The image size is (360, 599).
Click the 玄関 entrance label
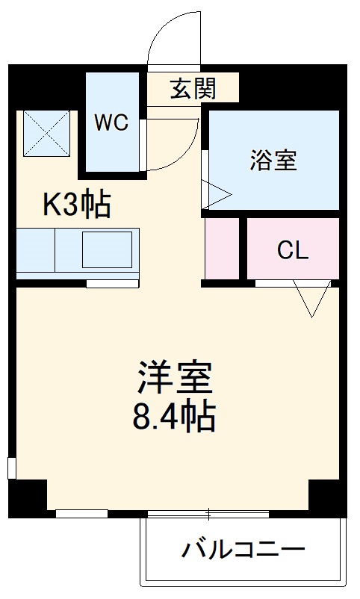[x=193, y=89]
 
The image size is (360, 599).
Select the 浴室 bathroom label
[x=273, y=160]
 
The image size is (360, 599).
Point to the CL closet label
[x=292, y=250]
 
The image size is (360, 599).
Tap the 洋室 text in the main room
[x=175, y=378]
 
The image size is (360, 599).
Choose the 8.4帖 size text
[x=174, y=417]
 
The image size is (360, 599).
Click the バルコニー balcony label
[x=243, y=551]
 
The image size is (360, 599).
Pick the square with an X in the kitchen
[x=46, y=134]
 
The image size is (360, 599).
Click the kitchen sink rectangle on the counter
[x=107, y=249]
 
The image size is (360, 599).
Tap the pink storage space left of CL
[x=222, y=249]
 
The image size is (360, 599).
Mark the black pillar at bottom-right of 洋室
[x=327, y=497]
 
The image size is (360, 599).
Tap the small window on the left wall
[x=11, y=468]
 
